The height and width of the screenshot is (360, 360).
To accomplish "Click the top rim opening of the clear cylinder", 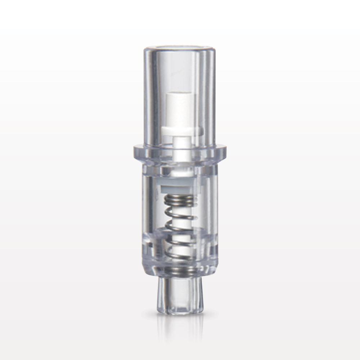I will (180, 48).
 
